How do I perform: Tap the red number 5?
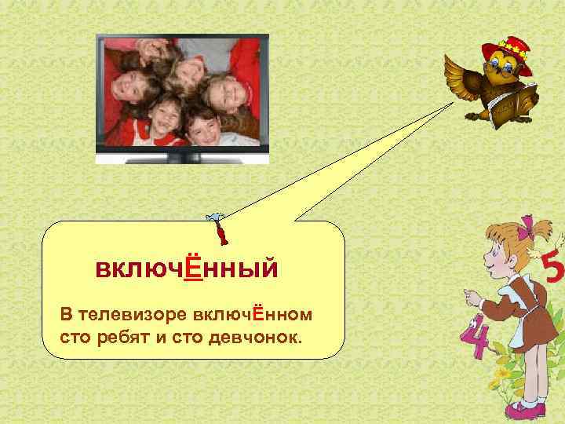point(552,272)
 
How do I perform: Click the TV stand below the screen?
point(182,157)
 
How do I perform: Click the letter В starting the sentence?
point(65,315)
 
